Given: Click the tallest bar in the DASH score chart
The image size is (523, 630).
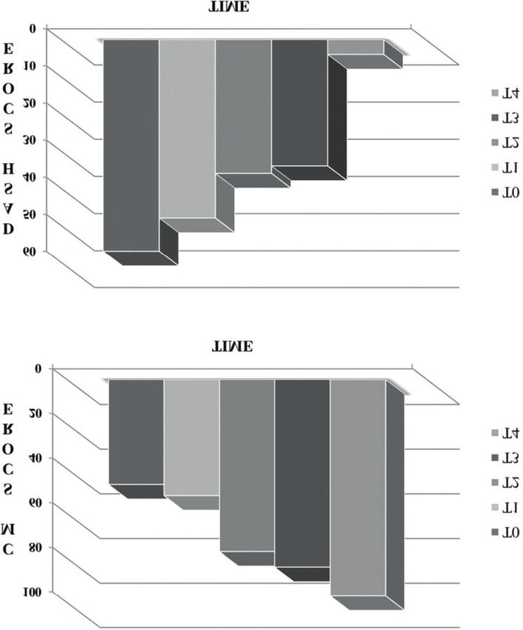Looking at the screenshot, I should tap(131, 145).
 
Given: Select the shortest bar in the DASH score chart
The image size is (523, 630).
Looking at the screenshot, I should tap(356, 47).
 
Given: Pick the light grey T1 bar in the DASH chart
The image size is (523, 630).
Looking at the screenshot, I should tap(187, 128).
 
